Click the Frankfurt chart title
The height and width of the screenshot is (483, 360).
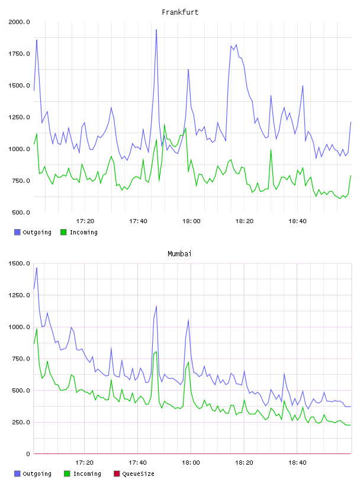coord(180,12)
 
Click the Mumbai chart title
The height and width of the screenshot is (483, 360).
coord(179,254)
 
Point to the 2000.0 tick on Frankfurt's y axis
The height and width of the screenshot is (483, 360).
coord(19,22)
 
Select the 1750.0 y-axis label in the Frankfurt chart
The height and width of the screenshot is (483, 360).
coord(19,54)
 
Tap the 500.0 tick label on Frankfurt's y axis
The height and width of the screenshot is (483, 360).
coord(21,212)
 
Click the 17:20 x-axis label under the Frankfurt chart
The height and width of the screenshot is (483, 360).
coord(85,221)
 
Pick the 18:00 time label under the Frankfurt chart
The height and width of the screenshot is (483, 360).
coord(191,221)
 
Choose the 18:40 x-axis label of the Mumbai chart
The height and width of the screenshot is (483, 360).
coord(297,463)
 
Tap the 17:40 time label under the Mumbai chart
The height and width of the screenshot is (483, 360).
coord(137,463)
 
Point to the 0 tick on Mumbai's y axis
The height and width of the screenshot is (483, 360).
coord(28,454)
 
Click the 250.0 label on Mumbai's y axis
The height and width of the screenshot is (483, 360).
coord(21,422)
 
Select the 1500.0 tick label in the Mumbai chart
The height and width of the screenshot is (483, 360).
coord(19,263)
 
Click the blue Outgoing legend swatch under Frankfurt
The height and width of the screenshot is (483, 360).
coord(17,232)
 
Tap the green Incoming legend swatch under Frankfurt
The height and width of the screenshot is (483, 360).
coord(63,232)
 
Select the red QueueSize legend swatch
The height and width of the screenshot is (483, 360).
coord(117,474)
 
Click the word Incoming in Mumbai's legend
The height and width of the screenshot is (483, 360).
coord(87,474)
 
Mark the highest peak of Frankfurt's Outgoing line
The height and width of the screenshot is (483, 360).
coord(156,30)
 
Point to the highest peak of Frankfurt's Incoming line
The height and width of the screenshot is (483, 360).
coord(164,125)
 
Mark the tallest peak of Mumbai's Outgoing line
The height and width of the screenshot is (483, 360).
coord(37,268)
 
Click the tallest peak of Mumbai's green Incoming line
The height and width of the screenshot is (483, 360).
coord(37,329)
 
